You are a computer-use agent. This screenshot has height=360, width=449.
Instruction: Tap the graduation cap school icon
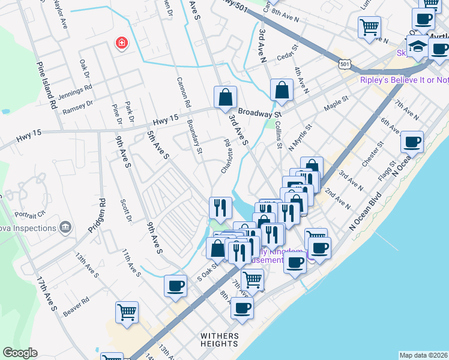417,46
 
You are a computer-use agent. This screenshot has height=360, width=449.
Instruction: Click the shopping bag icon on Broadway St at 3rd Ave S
225,97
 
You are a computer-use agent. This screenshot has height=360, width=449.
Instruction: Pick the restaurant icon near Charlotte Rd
220,208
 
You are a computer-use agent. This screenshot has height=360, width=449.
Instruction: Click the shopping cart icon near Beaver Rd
127,312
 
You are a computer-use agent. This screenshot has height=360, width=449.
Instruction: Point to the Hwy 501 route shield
344,63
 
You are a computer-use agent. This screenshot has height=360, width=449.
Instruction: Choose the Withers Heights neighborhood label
220,340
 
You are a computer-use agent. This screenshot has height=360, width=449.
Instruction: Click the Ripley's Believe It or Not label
404,80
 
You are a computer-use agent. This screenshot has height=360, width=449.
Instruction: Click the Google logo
20,353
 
